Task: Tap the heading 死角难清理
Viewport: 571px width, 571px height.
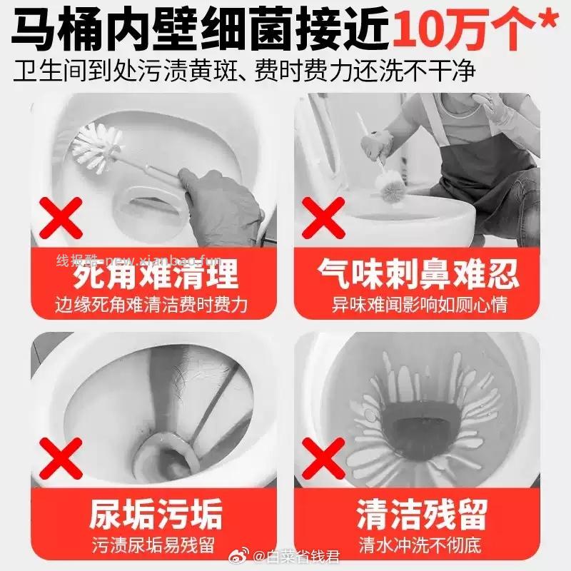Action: click(x=155, y=273)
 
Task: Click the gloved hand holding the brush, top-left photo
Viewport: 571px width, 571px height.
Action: click(x=214, y=203)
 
